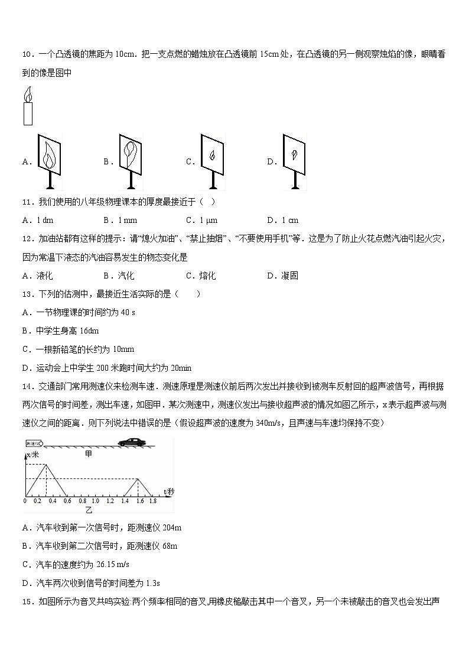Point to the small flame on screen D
(294, 154)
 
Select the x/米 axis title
(32, 455)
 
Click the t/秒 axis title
(168, 491)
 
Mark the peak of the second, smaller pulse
(138, 478)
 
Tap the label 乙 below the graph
(90, 508)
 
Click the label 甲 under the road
(89, 453)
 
